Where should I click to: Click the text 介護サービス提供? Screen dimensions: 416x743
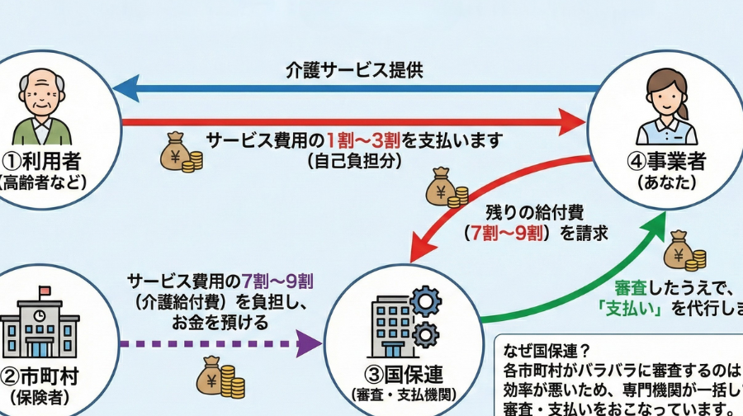point(354,69)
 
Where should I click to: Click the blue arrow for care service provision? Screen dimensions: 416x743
point(355,87)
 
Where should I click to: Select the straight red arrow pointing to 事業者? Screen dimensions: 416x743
point(355,122)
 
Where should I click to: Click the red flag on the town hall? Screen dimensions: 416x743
point(45,291)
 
